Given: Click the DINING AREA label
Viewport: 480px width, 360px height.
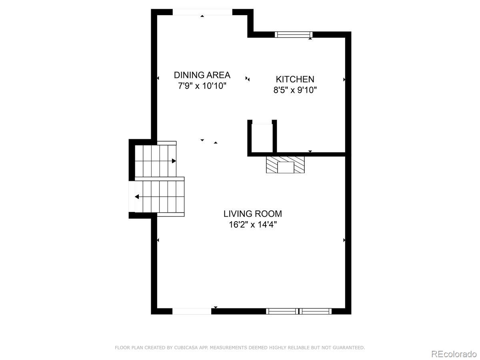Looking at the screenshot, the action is tap(202, 75).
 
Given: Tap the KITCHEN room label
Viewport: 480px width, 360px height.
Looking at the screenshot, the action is tap(295, 79).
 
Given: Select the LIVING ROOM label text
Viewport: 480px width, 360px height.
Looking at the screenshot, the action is tap(252, 214).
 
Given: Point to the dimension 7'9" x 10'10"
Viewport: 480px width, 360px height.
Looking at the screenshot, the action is tap(202, 86).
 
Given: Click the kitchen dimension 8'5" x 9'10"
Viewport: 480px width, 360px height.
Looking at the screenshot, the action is tap(295, 90).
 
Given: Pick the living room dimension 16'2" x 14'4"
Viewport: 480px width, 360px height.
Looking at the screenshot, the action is tap(253, 224).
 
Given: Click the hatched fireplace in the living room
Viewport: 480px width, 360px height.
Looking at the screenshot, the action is tap(285, 164).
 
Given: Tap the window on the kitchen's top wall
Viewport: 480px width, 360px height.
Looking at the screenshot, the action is tap(294, 34).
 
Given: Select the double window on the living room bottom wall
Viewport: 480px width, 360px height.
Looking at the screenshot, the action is tap(299, 311).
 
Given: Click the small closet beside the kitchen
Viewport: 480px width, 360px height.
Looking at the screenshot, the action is tap(262, 138).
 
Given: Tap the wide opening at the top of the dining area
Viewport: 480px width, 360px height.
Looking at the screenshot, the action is tap(202, 12).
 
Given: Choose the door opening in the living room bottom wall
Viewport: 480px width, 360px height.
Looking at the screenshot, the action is tap(192, 311).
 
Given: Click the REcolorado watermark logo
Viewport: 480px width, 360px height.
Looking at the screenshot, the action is tap(454, 354).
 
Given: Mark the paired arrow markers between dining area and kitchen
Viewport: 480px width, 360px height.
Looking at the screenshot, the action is tap(248, 79).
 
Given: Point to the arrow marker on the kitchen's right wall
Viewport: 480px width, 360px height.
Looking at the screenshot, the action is tap(344, 80).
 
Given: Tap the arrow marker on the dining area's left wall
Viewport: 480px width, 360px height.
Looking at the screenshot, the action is tap(158, 78).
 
